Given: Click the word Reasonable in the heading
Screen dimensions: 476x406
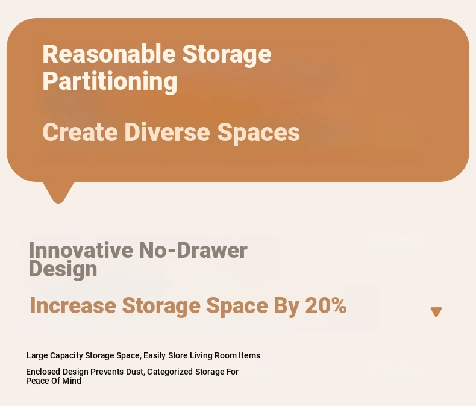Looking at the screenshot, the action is click(x=109, y=54).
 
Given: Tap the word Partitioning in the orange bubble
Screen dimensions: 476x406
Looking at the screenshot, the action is click(x=110, y=82).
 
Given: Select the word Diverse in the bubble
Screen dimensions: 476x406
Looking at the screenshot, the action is click(x=167, y=132).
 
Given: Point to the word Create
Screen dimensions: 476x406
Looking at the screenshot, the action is click(x=80, y=132).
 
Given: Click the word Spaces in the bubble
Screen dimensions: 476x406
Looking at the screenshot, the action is click(x=258, y=133).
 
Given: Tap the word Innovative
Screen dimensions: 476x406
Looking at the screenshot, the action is click(x=81, y=250).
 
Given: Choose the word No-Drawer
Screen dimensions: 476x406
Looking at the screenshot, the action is click(x=193, y=250).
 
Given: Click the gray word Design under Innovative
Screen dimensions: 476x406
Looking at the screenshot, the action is click(x=63, y=269).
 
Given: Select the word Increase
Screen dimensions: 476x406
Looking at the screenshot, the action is click(x=73, y=305).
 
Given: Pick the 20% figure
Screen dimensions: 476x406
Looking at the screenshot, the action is click(x=326, y=305).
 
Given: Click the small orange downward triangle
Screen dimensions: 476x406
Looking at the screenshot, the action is click(x=436, y=312).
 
